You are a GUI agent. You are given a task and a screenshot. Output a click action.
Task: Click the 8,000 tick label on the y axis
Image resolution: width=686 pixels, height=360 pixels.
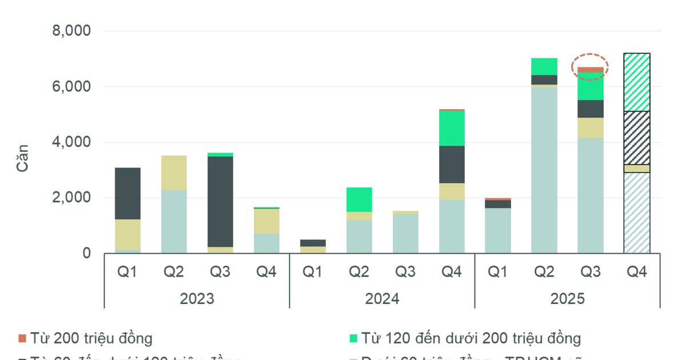tap(71, 31)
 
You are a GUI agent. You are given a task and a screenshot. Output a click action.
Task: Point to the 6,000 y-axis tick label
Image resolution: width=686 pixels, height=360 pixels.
tap(71, 87)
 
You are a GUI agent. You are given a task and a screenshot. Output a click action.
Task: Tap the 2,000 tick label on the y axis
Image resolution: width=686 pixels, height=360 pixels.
tap(71, 198)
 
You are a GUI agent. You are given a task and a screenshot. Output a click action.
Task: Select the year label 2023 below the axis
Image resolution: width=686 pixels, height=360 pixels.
tap(197, 299)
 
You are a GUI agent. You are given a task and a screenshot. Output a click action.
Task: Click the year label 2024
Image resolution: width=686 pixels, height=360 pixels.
tap(382, 299)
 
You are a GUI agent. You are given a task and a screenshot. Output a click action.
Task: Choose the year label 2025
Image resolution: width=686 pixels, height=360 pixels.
tap(567, 299)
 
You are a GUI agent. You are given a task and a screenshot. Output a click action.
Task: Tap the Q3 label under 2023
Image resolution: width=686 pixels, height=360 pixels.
tap(220, 272)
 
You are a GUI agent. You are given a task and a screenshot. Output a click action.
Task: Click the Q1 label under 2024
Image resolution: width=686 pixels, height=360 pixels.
tap(313, 272)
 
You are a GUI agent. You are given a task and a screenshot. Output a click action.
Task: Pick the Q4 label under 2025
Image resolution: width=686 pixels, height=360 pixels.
tap(637, 272)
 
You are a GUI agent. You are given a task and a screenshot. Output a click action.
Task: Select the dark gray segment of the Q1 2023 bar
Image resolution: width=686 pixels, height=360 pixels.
tap(127, 193)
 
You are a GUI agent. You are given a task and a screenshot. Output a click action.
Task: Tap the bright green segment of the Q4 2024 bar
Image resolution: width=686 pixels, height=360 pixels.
tap(452, 127)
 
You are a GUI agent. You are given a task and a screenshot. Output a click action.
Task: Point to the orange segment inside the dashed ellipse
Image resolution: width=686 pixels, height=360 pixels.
tap(591, 70)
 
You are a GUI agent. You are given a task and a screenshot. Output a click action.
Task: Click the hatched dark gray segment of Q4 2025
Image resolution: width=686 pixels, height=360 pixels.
tap(637, 138)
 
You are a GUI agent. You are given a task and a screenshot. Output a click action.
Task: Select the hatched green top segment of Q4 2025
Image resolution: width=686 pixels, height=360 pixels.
tap(637, 82)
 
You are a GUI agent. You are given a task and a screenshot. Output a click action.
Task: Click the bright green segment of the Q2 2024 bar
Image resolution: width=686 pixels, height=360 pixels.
tap(359, 199)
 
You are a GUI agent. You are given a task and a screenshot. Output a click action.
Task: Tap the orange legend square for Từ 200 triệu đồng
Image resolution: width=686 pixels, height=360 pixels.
tap(22, 338)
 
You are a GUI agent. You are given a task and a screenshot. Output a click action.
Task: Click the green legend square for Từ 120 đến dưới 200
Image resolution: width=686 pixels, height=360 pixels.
tap(353, 338)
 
